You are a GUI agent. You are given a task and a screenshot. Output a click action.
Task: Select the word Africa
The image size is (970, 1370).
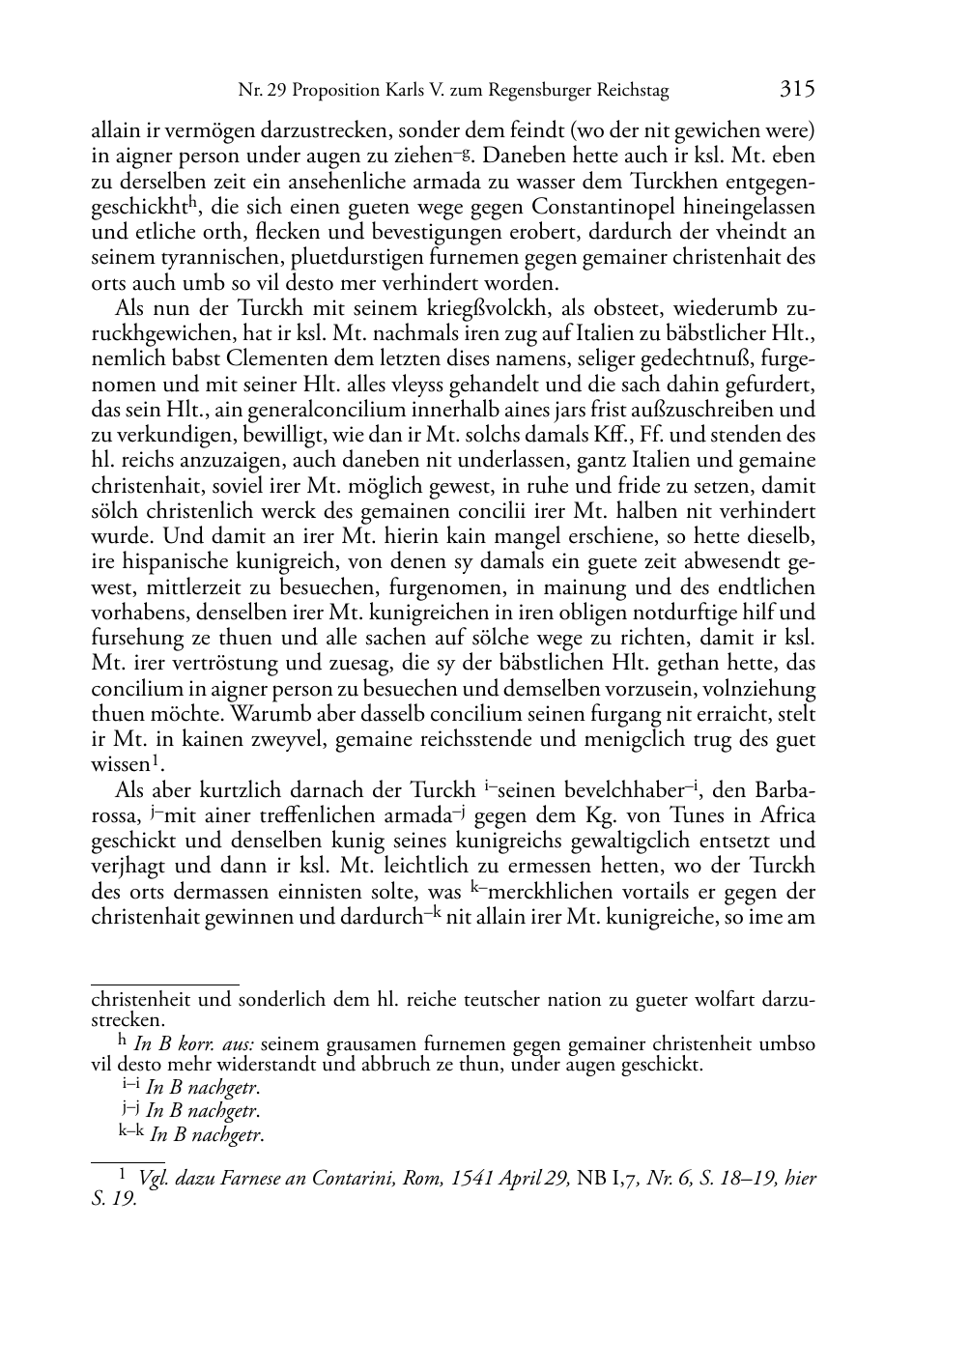coord(785,816)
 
